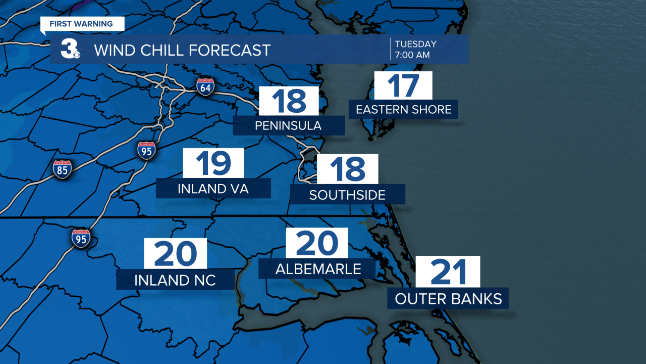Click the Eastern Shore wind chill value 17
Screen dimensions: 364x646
point(403,85)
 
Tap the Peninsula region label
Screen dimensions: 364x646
point(288,125)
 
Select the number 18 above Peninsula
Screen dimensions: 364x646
point(289,101)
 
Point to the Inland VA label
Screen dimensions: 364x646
point(213,189)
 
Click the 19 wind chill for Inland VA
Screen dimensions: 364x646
point(213,163)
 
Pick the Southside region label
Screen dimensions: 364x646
point(347,195)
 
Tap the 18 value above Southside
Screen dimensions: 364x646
point(347,169)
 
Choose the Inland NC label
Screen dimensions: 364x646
point(175,280)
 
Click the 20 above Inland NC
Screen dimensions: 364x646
point(175,254)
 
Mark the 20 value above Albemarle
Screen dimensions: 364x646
point(317,243)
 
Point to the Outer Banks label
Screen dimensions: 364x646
point(448,298)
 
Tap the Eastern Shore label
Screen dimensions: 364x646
point(403,109)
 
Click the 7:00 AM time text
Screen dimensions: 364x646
point(412,55)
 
